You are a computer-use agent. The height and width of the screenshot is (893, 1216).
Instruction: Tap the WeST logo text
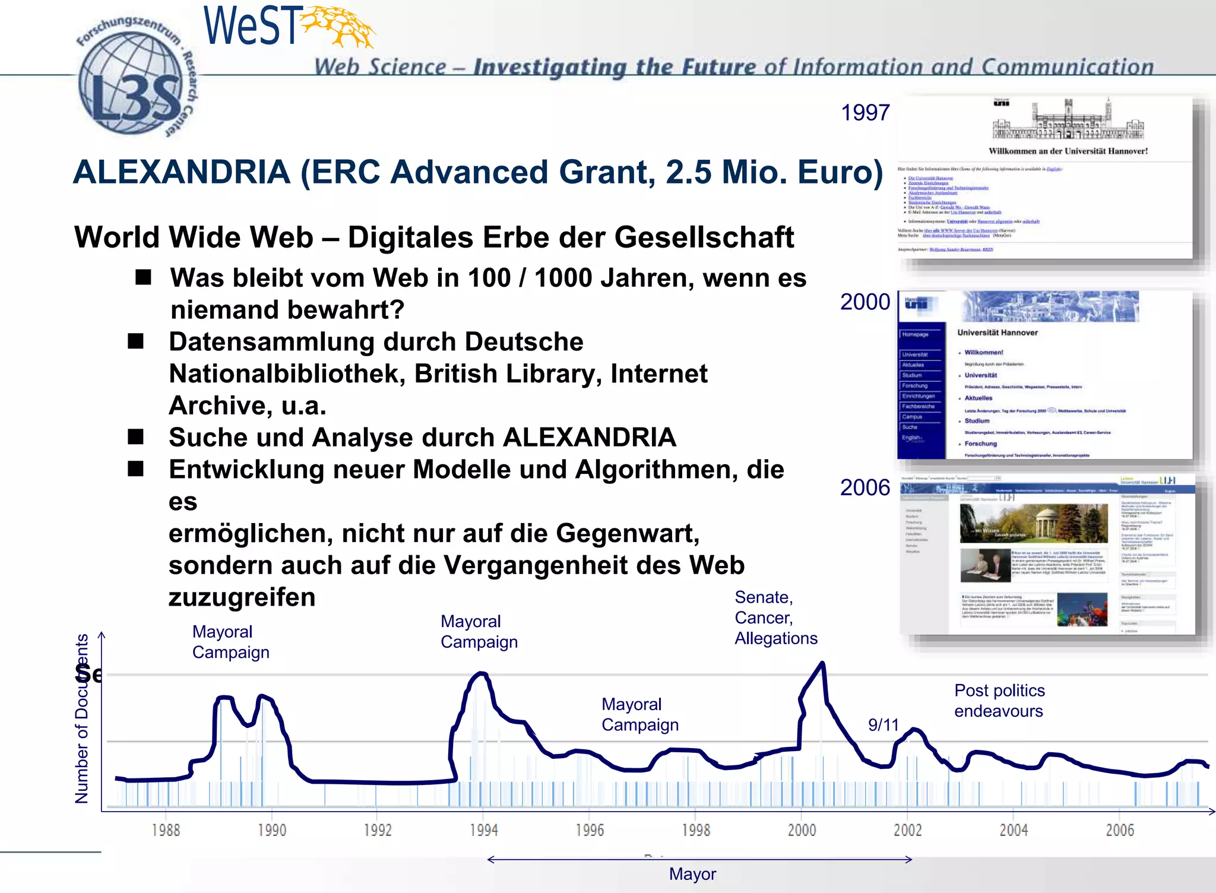[251, 26]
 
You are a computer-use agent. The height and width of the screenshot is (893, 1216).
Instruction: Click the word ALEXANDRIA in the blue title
[182, 173]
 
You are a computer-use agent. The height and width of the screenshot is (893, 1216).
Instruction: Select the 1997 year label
[865, 113]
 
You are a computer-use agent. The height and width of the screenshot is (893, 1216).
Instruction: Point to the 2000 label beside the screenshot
[865, 302]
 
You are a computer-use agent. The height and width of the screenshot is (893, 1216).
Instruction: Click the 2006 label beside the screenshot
[865, 488]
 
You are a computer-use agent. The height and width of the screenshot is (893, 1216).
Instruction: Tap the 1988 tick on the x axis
[166, 829]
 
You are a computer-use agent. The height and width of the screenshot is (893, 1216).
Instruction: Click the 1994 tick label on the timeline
[483, 829]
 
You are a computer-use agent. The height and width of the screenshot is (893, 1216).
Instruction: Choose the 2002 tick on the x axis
[907, 829]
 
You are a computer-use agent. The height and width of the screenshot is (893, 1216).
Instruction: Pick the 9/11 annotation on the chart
[883, 725]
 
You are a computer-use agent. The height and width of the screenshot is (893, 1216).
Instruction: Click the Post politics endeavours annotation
[999, 701]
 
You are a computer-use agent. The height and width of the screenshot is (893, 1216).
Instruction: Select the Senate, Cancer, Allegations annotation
[775, 617]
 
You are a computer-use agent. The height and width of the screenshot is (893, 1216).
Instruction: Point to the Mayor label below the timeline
[692, 874]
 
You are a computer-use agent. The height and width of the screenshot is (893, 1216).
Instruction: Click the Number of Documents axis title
[82, 718]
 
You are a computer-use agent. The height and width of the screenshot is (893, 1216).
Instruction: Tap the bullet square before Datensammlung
[136, 341]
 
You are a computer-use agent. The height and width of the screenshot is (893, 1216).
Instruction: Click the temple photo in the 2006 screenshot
[1033, 523]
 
